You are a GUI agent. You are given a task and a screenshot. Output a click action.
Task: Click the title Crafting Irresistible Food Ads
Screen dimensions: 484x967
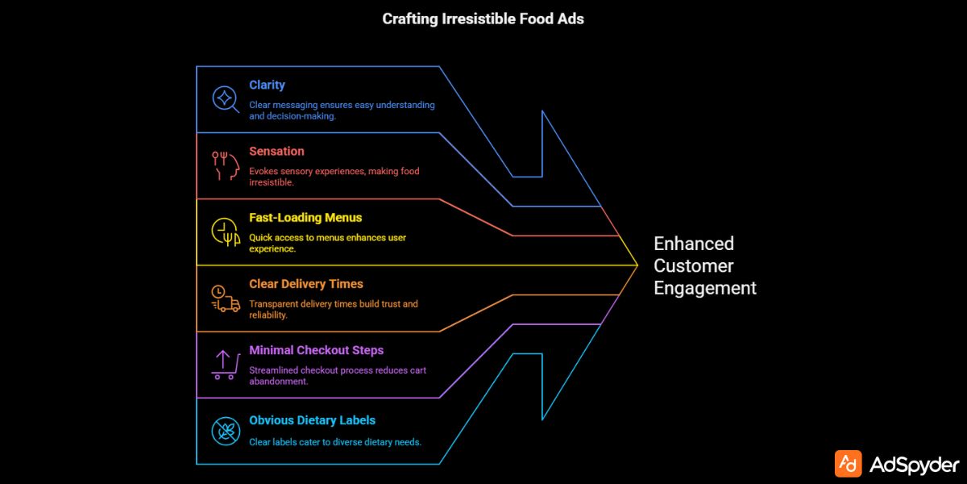click(x=483, y=19)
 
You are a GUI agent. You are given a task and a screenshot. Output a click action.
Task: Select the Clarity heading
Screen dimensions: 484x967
click(x=267, y=85)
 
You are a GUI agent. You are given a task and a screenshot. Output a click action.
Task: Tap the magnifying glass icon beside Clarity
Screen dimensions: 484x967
click(x=225, y=99)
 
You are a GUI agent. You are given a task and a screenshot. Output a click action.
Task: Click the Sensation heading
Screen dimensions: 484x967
click(x=276, y=151)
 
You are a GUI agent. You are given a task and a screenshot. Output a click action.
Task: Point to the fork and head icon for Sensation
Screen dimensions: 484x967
click(x=226, y=165)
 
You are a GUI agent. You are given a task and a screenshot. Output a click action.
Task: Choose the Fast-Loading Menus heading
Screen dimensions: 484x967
click(x=305, y=218)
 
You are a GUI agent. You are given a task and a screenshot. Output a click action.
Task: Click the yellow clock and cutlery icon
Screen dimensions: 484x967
click(x=226, y=232)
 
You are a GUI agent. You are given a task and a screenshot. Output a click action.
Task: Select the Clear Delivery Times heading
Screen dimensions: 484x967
click(x=306, y=284)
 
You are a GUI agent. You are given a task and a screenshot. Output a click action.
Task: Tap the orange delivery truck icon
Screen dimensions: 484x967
click(x=226, y=298)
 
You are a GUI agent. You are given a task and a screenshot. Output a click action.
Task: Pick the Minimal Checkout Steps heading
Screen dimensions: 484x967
click(x=316, y=350)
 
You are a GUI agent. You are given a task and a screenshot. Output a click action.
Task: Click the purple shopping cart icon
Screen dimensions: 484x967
click(x=225, y=365)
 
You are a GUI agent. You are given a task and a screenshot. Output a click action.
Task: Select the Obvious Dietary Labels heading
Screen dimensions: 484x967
click(x=312, y=420)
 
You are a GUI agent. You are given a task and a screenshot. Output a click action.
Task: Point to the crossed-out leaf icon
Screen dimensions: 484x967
click(x=225, y=431)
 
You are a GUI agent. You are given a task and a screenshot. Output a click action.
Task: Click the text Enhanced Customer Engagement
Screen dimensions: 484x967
click(x=704, y=265)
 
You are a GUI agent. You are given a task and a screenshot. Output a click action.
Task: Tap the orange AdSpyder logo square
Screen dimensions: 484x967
click(x=848, y=464)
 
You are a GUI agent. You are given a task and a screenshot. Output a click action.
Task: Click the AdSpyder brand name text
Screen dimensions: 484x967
click(x=915, y=465)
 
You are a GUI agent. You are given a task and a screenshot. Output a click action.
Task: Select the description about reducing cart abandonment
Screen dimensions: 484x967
click(x=337, y=376)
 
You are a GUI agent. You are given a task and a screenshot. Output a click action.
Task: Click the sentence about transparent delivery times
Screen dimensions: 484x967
click(x=333, y=310)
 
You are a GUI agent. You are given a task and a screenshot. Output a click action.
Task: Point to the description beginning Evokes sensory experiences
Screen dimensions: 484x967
click(x=334, y=177)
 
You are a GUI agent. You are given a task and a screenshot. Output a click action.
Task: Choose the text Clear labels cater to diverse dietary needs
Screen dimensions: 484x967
click(x=335, y=442)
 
